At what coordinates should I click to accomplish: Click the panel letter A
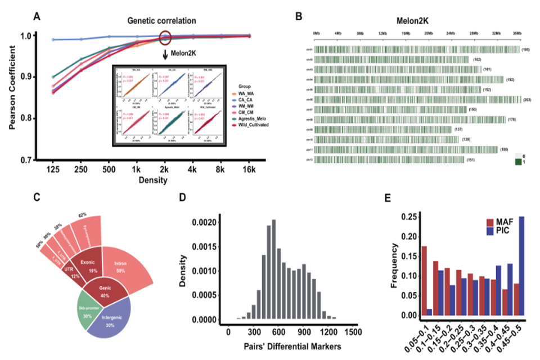coord(37,16)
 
